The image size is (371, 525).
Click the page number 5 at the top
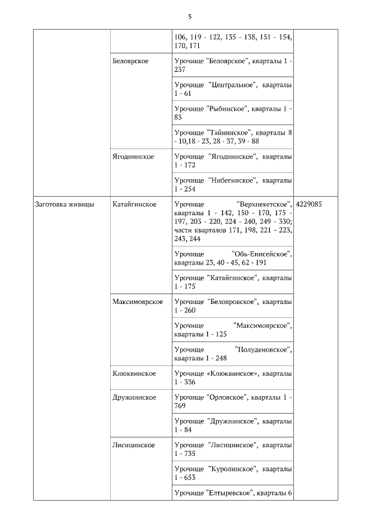(x=190, y=16)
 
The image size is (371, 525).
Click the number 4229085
(x=309, y=204)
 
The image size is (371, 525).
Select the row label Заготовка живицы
(x=65, y=204)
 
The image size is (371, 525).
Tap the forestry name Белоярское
(x=131, y=61)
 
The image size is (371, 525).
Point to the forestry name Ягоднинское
(x=133, y=157)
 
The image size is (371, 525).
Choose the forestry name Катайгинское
(x=134, y=204)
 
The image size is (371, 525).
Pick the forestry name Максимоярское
(x=138, y=302)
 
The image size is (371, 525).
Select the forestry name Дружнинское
(x=134, y=397)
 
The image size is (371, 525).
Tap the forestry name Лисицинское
(x=134, y=445)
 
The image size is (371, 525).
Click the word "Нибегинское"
(x=232, y=180)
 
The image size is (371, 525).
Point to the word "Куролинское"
(x=232, y=469)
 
